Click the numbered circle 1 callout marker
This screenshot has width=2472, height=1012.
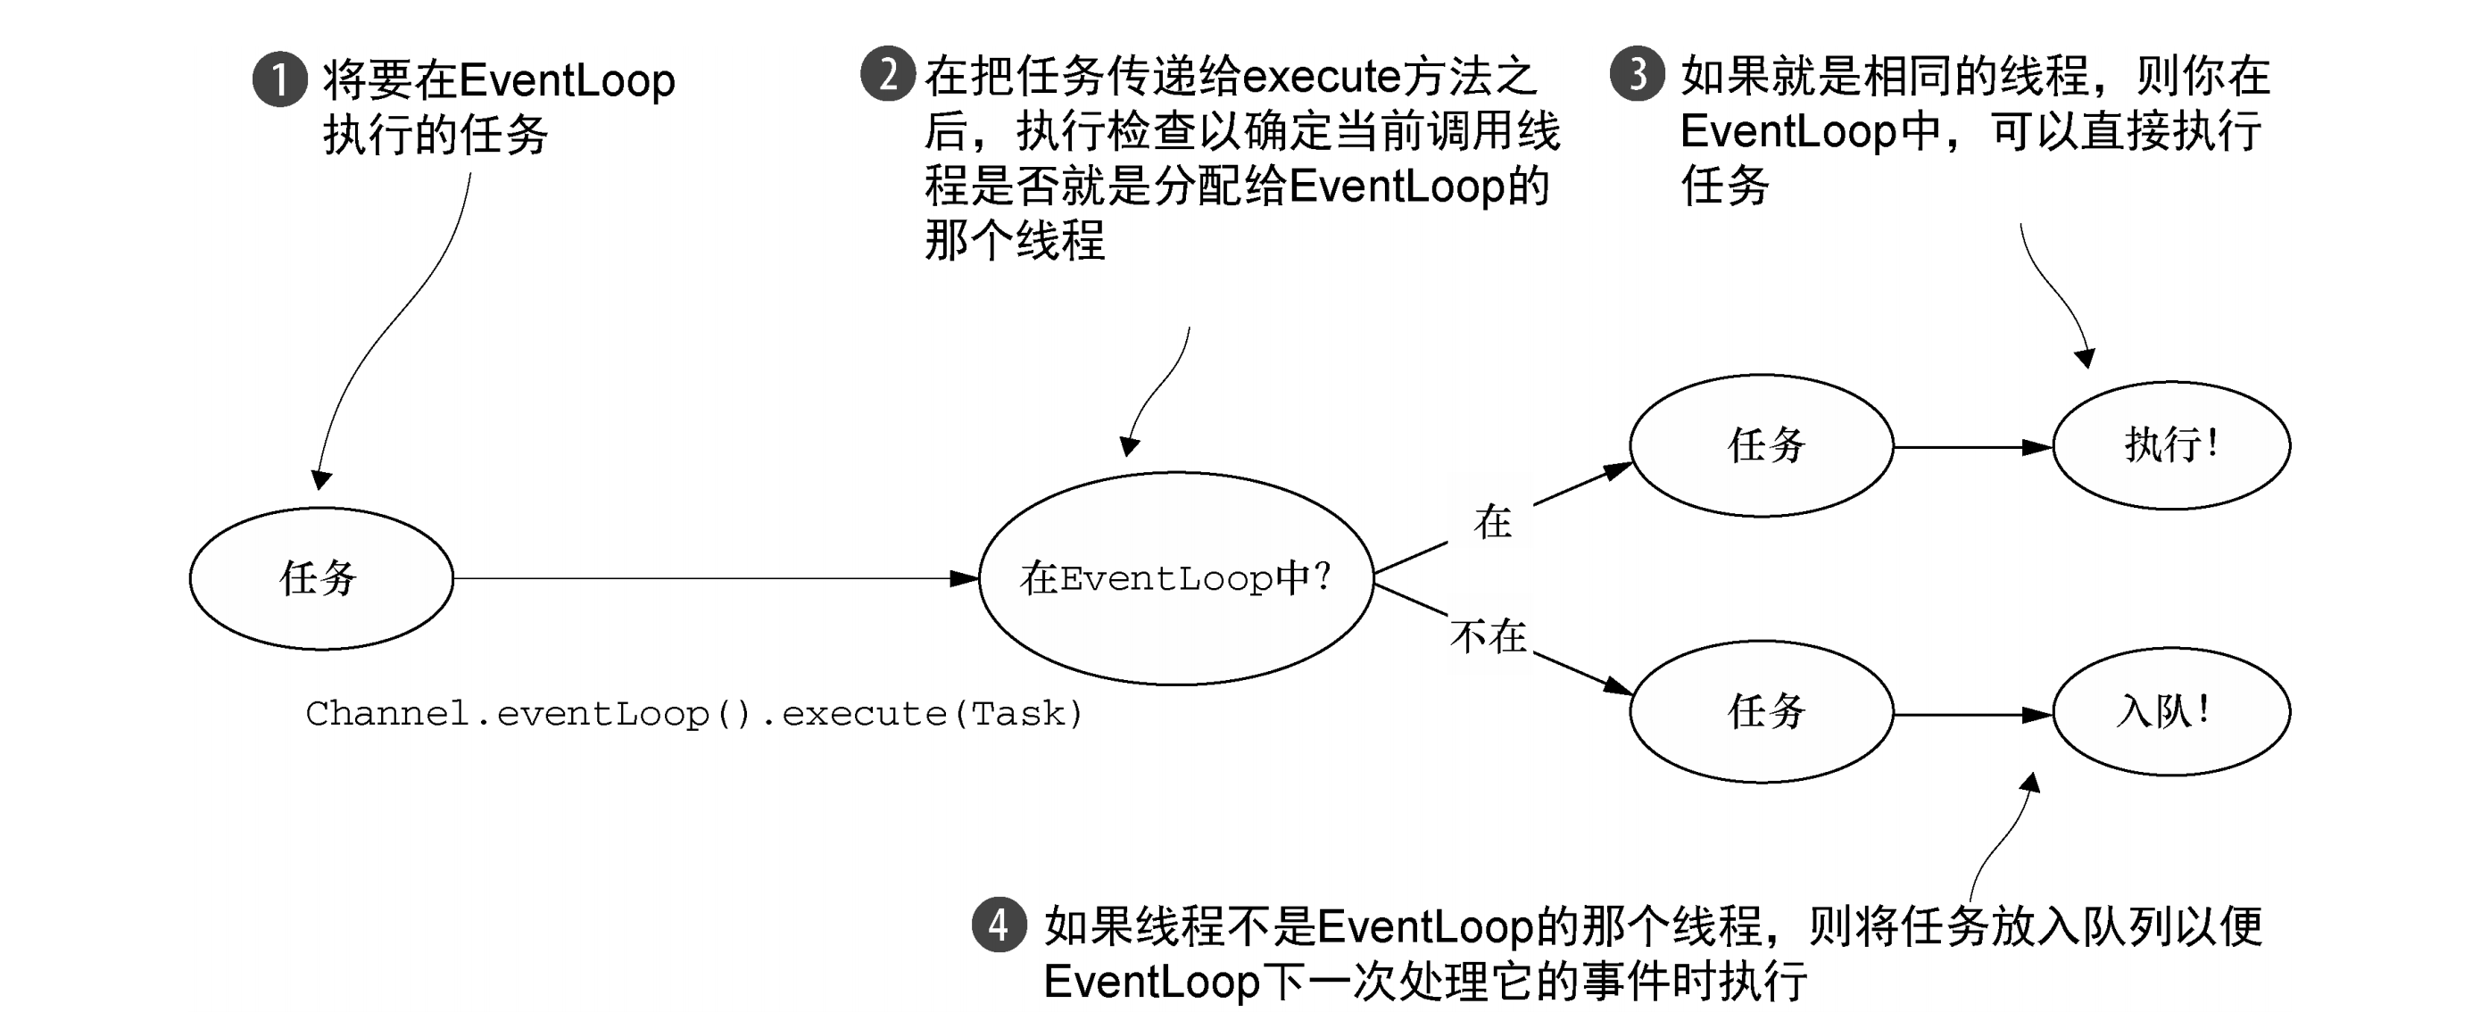(279, 79)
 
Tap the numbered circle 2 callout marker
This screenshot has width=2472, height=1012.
(887, 75)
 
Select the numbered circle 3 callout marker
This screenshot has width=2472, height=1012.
(1636, 74)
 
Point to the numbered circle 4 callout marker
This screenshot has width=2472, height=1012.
(999, 925)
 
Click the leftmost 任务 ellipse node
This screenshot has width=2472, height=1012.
(320, 578)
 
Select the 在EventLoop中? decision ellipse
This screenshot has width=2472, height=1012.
(1175, 578)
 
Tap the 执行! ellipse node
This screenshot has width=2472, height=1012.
(2170, 445)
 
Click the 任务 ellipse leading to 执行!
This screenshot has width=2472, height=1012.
(1762, 446)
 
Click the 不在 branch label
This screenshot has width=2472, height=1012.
(1489, 637)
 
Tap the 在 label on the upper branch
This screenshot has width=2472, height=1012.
(1492, 523)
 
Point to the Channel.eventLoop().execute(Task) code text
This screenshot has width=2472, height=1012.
(693, 714)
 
